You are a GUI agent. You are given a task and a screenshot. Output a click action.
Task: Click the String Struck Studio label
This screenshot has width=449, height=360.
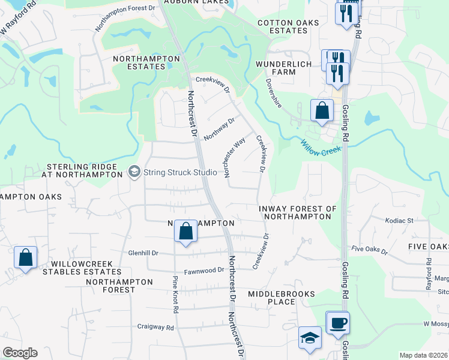180,173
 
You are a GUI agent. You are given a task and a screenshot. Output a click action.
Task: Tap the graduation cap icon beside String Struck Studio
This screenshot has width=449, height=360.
134,173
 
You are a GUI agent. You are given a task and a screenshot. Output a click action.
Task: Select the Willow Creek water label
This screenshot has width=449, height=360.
321,148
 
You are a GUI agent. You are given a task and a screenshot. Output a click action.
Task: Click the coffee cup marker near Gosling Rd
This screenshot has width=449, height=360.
337,323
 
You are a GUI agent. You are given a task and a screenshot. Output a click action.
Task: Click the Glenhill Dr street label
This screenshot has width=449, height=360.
143,253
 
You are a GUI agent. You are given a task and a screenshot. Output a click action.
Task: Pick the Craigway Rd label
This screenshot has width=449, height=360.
155,328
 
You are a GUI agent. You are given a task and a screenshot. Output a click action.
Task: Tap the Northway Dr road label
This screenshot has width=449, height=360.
218,129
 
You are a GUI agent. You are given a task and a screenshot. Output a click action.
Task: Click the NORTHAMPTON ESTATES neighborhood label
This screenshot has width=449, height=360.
147,62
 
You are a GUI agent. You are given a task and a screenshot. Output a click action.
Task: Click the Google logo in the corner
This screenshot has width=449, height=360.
20,353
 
